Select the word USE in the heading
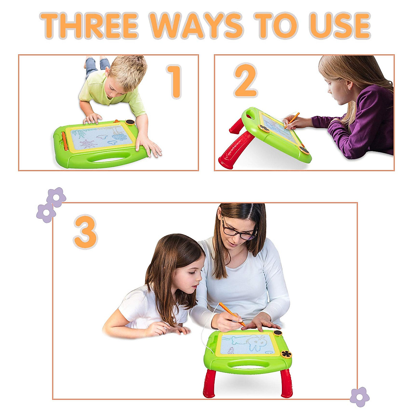(340, 26)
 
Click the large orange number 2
(245, 81)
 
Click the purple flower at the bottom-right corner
(359, 397)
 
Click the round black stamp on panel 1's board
(130, 122)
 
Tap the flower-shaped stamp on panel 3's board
(286, 354)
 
